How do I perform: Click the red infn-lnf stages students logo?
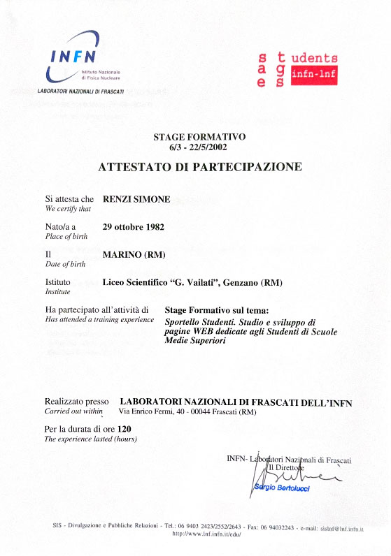pos(297,70)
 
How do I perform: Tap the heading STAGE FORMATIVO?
pos(199,137)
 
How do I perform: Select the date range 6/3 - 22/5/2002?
pos(199,147)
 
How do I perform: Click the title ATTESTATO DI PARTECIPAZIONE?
pos(200,168)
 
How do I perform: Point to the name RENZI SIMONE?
pos(136,199)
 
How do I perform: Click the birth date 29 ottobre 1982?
pos(134,227)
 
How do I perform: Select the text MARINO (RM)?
pos(134,255)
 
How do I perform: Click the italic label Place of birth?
pos(64,237)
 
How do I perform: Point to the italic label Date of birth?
pos(64,265)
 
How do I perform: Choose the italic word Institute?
pos(58,292)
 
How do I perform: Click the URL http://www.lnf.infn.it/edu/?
pos(206,534)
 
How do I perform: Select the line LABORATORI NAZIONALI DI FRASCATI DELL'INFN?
pos(236,402)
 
